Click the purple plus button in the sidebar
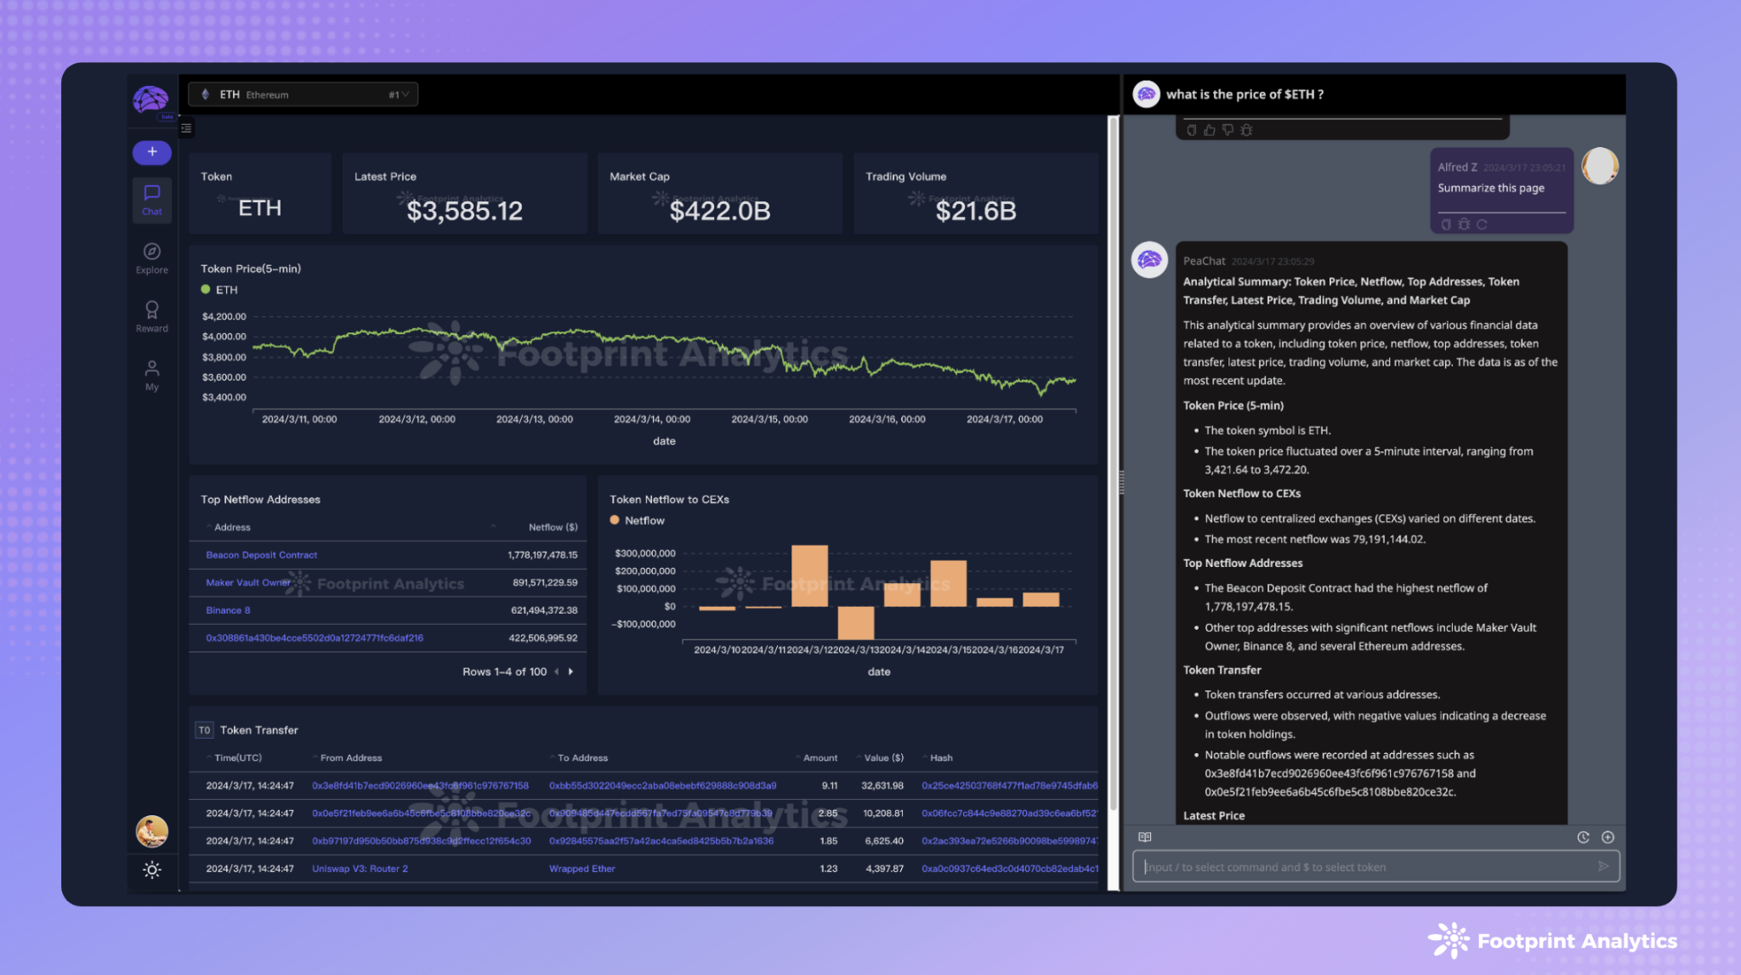[x=151, y=152]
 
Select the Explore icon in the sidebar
[x=151, y=252]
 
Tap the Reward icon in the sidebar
[x=151, y=310]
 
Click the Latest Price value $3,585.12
[x=464, y=211]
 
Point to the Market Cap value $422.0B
[x=719, y=211]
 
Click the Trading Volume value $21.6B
[x=975, y=211]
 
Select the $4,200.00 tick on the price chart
[x=224, y=316]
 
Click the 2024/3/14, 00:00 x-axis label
[x=652, y=419]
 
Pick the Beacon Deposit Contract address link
[x=261, y=555]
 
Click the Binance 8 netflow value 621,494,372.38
[x=543, y=610]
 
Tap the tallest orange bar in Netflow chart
[x=809, y=575]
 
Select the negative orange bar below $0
[x=855, y=622]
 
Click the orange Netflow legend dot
[x=615, y=520]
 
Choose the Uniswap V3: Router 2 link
[x=360, y=869]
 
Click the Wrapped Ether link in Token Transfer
[x=581, y=869]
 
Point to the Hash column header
[x=941, y=757]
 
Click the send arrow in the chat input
[x=1602, y=866]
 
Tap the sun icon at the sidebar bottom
[x=151, y=870]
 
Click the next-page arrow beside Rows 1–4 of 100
[x=570, y=672]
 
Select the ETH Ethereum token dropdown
[x=303, y=94]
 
